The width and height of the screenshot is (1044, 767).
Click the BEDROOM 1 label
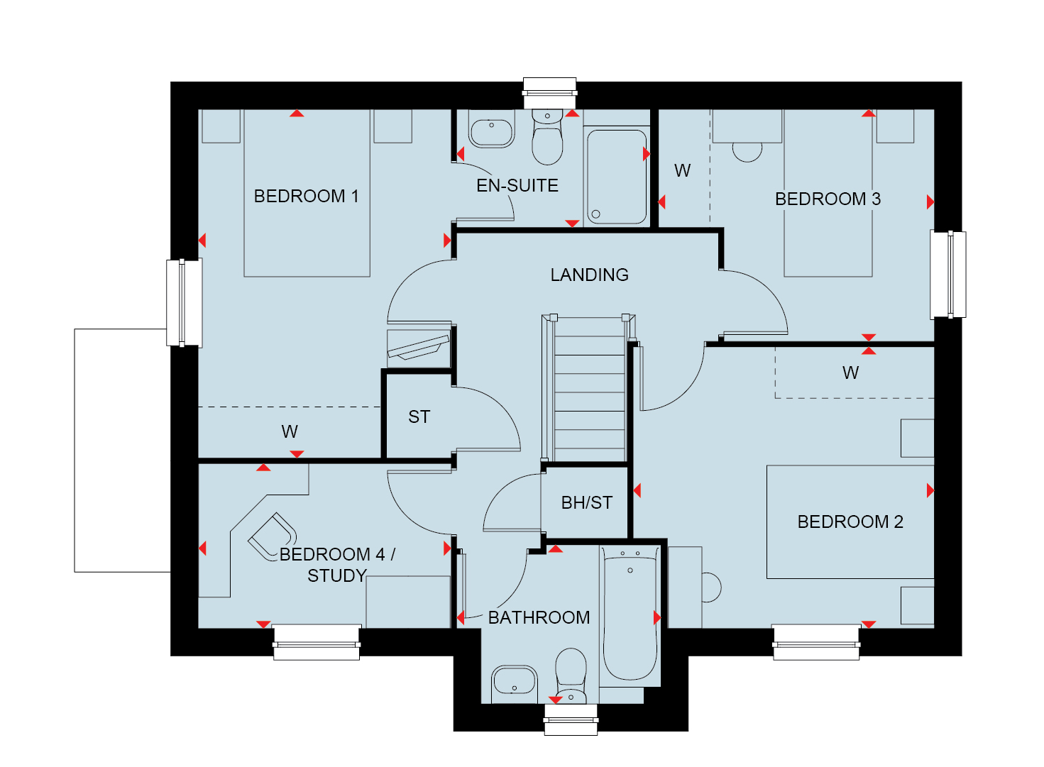click(306, 196)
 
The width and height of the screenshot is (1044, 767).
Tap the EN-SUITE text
click(517, 186)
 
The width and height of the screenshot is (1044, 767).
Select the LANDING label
click(590, 275)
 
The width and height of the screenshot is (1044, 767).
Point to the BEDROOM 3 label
click(828, 199)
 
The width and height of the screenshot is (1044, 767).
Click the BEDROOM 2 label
click(850, 522)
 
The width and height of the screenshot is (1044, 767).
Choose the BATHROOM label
click(539, 618)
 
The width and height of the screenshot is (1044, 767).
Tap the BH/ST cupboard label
click(587, 503)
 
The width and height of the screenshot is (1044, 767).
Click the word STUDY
click(337, 576)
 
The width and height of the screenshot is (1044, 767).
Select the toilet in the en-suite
click(547, 137)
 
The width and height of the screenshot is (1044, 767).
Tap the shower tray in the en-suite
click(617, 177)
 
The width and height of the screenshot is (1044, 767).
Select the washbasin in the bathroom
click(515, 685)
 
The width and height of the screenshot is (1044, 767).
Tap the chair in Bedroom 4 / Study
click(273, 537)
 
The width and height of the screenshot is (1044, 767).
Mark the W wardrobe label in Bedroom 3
click(682, 171)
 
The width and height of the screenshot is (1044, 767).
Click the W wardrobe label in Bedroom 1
click(290, 432)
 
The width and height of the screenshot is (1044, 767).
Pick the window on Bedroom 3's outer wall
click(948, 275)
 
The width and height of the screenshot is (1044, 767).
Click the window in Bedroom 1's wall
click(184, 304)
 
